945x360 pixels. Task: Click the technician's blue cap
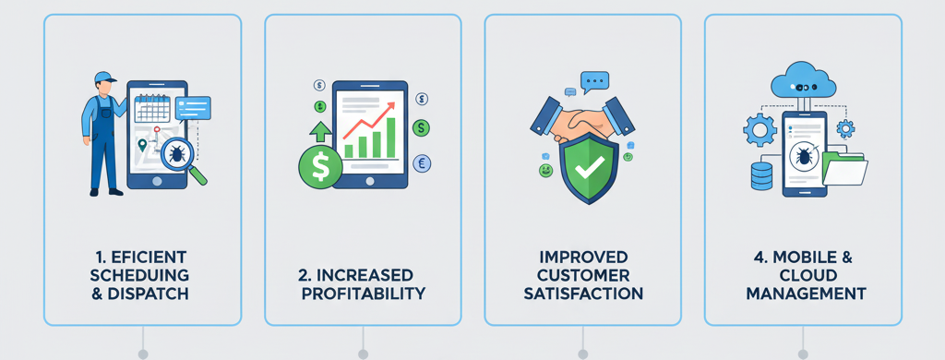click(102, 76)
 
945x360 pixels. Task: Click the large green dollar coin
click(319, 168)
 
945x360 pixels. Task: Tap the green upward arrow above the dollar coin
click(320, 131)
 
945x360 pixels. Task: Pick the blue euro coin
click(423, 162)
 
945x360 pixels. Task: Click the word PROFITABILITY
click(364, 294)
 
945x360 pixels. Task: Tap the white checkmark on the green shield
click(589, 167)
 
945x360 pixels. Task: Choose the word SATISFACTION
click(582, 294)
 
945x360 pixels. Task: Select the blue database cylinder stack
click(761, 174)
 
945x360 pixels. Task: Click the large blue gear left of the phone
click(760, 130)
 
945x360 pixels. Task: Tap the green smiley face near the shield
click(545, 172)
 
